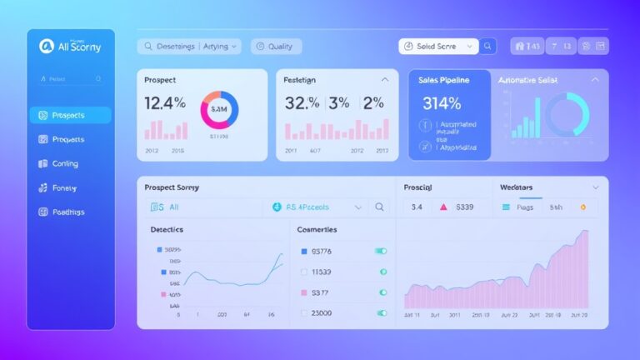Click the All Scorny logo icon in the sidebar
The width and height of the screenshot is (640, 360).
pyautogui.click(x=47, y=47)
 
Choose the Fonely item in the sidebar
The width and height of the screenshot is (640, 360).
pyautogui.click(x=63, y=187)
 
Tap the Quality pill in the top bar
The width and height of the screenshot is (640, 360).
pyautogui.click(x=277, y=47)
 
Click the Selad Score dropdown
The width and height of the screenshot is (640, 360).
pyautogui.click(x=437, y=47)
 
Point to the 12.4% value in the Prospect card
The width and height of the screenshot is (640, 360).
pyautogui.click(x=165, y=104)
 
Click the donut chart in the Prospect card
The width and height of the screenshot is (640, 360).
pyautogui.click(x=219, y=109)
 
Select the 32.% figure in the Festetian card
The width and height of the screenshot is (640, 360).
pyautogui.click(x=302, y=104)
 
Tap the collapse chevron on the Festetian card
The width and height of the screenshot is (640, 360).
pyautogui.click(x=384, y=80)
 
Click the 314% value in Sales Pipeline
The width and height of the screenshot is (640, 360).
pyautogui.click(x=442, y=104)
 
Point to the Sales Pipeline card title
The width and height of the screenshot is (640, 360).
pyautogui.click(x=444, y=80)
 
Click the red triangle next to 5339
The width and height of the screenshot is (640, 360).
pyautogui.click(x=443, y=207)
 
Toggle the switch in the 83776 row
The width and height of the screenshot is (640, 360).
pyautogui.click(x=381, y=251)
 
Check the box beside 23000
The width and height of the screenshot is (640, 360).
pyautogui.click(x=303, y=313)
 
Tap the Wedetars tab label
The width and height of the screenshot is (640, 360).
pyautogui.click(x=516, y=187)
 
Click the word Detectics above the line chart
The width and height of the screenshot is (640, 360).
pyautogui.click(x=167, y=228)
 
